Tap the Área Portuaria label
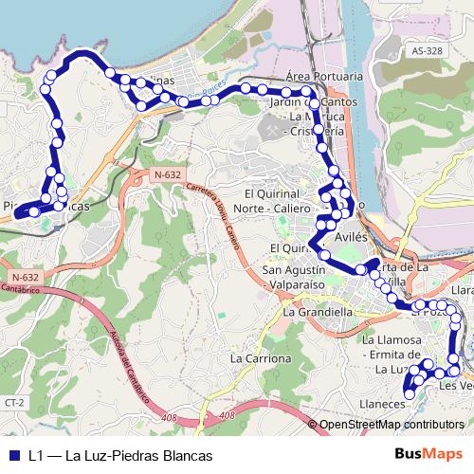[x=323, y=76]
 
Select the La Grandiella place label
[x=318, y=311]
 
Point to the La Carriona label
[x=261, y=359]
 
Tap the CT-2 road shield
[x=12, y=403]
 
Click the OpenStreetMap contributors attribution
[x=392, y=424]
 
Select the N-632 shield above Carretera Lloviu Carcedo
[x=166, y=175]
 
